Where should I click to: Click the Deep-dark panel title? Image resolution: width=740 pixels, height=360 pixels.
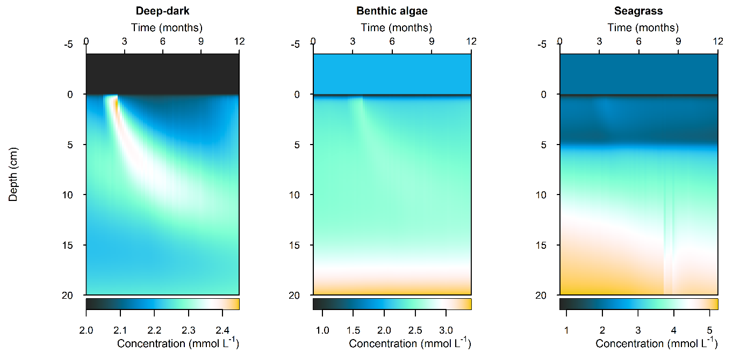click(x=162, y=11)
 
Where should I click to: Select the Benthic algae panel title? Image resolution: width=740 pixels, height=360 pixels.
click(x=392, y=11)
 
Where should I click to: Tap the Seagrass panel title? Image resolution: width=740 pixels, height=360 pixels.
click(x=639, y=11)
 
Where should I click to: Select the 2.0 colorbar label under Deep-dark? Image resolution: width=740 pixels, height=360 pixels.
click(x=86, y=329)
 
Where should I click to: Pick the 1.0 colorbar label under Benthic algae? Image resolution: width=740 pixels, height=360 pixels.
click(x=322, y=329)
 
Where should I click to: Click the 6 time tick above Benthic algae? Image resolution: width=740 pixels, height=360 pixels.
click(x=392, y=41)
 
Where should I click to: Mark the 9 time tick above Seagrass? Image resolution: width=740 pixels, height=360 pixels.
click(x=678, y=41)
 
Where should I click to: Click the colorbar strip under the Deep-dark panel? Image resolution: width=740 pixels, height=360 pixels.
click(x=162, y=304)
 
